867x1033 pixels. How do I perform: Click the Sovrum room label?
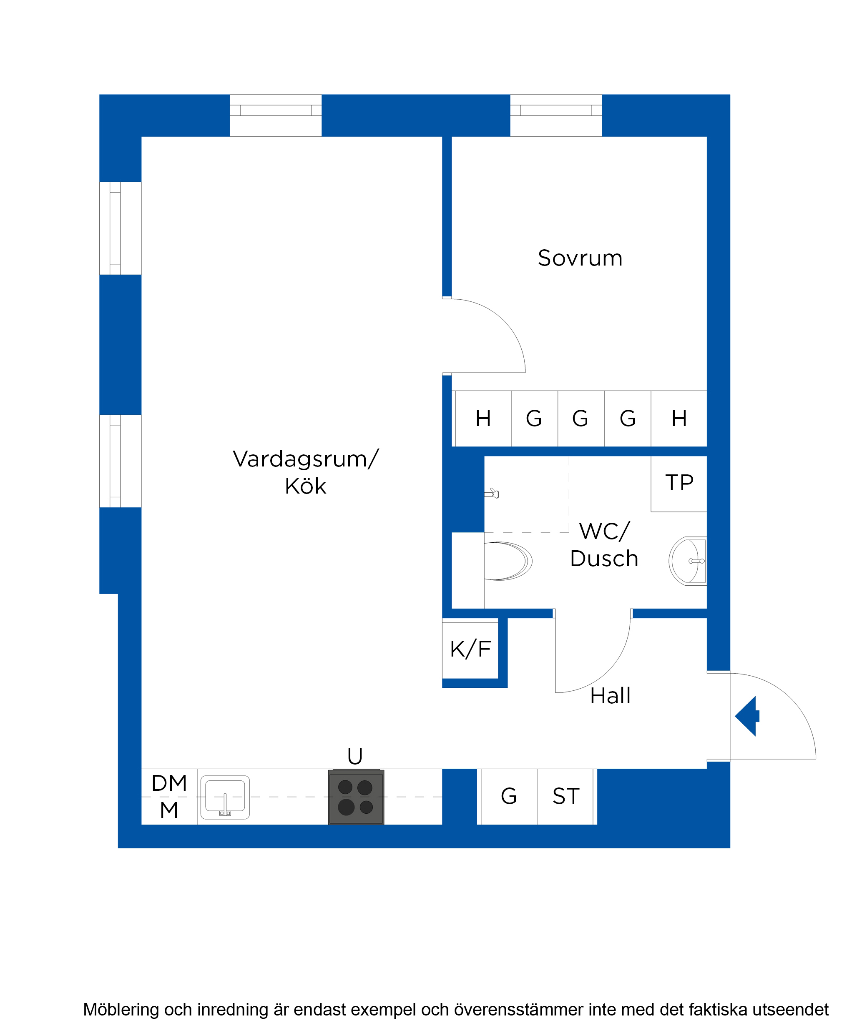pyautogui.click(x=580, y=258)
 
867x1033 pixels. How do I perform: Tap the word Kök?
pyautogui.click(x=306, y=486)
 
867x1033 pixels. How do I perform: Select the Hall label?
pyautogui.click(x=610, y=696)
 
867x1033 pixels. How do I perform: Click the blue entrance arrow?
pyautogui.click(x=747, y=716)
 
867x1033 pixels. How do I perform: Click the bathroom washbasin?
pyautogui.click(x=687, y=561)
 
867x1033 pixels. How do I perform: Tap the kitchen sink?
pyautogui.click(x=225, y=797)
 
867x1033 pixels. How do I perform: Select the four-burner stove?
pyautogui.click(x=356, y=797)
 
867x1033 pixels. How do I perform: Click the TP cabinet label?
pyautogui.click(x=679, y=483)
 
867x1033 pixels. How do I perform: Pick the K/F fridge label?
pyautogui.click(x=470, y=649)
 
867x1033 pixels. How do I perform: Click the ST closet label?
pyautogui.click(x=566, y=796)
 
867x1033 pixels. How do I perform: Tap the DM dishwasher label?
pyautogui.click(x=169, y=783)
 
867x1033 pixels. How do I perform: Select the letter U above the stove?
pyautogui.click(x=355, y=756)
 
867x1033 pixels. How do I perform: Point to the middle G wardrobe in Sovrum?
pyautogui.click(x=580, y=419)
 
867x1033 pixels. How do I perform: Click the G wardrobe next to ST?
pyautogui.click(x=509, y=796)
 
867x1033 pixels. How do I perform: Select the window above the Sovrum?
pyautogui.click(x=556, y=115)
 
